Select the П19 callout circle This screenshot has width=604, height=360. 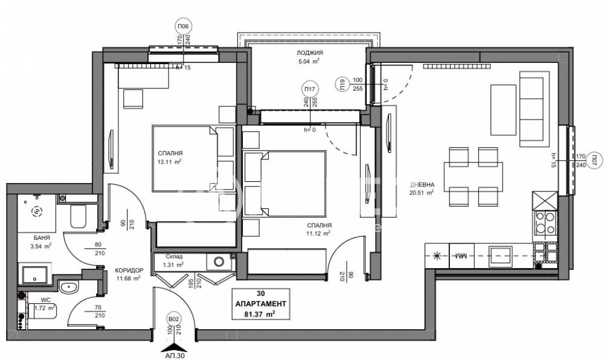pyautogui.click(x=342, y=85)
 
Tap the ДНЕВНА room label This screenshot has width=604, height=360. pyautogui.click(x=421, y=185)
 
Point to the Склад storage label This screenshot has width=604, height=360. pyautogui.click(x=169, y=256)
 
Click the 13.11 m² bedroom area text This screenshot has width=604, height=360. pyautogui.click(x=169, y=162)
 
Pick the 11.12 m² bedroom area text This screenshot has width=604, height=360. pyautogui.click(x=318, y=233)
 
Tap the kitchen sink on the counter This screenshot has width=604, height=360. pyautogui.click(x=501, y=256)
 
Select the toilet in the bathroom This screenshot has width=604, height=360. pyautogui.click(x=77, y=217)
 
